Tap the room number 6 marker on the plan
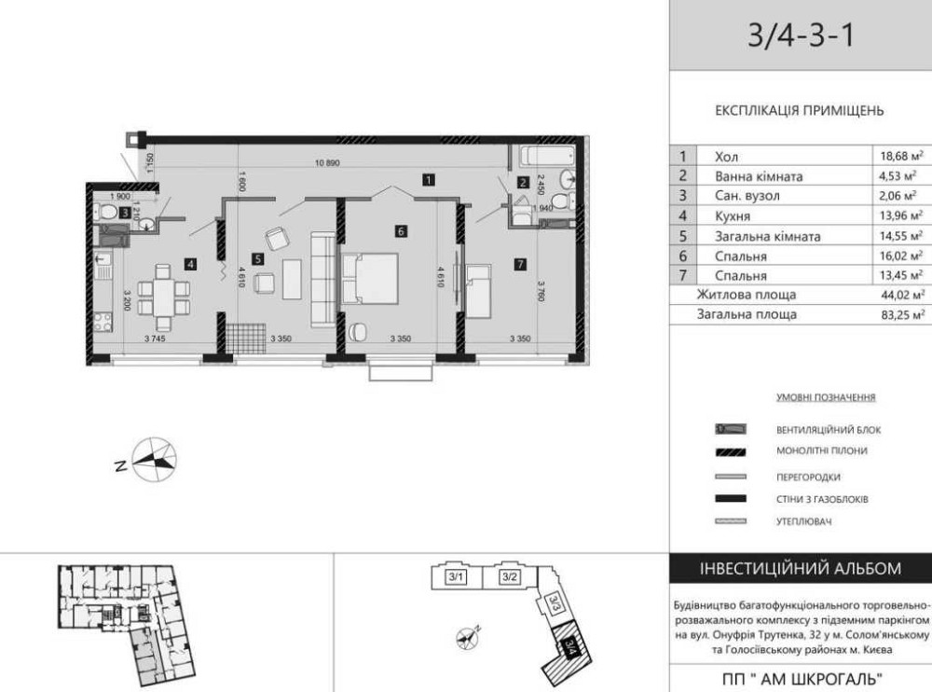(x=400, y=231)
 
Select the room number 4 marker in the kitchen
(x=190, y=264)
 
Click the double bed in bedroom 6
(x=369, y=280)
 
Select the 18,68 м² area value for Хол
(x=902, y=157)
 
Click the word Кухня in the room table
(x=732, y=216)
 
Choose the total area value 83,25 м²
(x=902, y=315)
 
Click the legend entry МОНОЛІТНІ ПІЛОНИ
(x=821, y=451)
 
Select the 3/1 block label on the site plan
(x=457, y=577)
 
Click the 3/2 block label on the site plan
(x=509, y=577)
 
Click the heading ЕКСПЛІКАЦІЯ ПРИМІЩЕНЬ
(x=799, y=110)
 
